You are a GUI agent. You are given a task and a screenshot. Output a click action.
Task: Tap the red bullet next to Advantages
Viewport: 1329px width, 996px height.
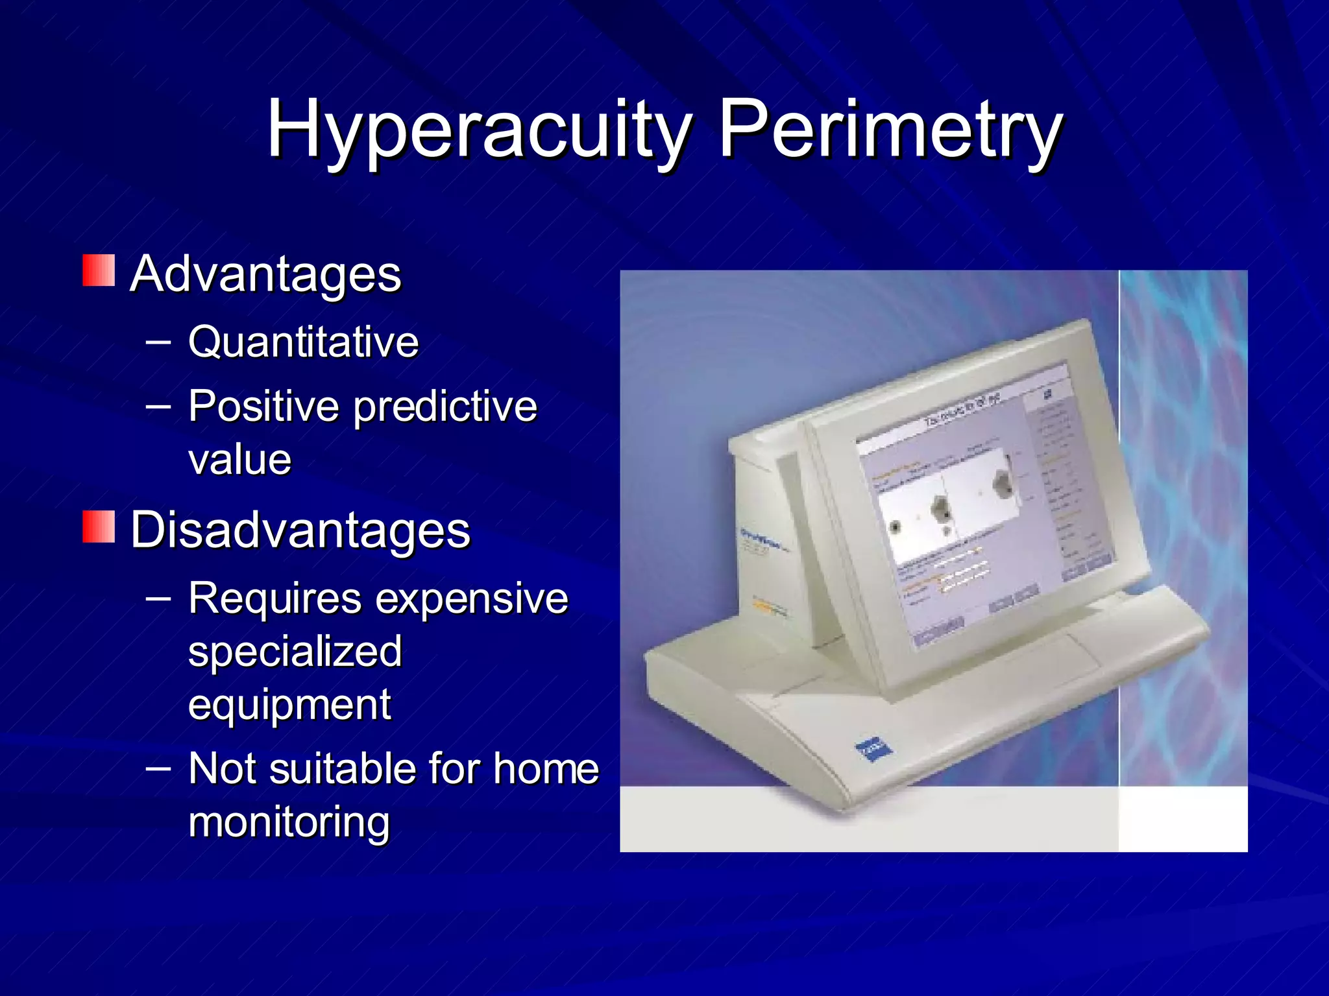(99, 270)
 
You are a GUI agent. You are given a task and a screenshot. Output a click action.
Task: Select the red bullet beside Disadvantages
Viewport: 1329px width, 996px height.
(99, 527)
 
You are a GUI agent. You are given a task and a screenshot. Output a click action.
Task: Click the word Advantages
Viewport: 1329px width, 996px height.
(266, 274)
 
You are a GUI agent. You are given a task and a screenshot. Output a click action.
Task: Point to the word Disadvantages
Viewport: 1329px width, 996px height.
(300, 530)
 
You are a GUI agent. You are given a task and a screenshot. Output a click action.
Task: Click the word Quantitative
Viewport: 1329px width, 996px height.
(304, 342)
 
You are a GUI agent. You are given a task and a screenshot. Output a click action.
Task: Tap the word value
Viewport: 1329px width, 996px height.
(240, 460)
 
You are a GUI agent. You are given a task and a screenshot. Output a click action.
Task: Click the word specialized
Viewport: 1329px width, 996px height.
(295, 652)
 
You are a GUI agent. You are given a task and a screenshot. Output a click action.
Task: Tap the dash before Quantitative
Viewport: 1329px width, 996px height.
(158, 339)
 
